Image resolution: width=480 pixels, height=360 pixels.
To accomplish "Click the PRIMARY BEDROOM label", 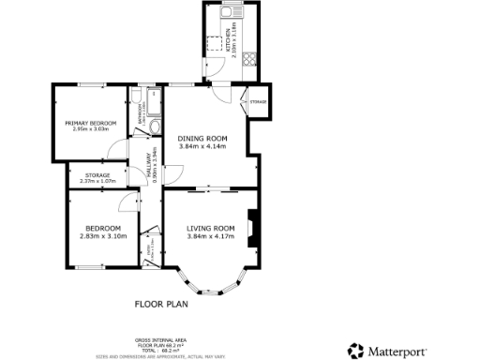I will pos(89,123).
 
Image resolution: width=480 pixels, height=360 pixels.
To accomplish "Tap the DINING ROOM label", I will pos(203,139).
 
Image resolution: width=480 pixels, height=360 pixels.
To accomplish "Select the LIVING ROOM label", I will pos(209,228).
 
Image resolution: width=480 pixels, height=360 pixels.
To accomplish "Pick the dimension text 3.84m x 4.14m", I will pos(203,146).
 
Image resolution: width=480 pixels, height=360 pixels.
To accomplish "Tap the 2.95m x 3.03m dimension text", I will pos(89,130).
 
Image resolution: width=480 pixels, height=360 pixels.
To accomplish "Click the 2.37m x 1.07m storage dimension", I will pos(97,181).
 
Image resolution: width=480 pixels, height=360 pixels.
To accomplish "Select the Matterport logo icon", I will pos(355,351).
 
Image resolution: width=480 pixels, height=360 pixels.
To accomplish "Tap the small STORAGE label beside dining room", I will pos(258,101).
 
